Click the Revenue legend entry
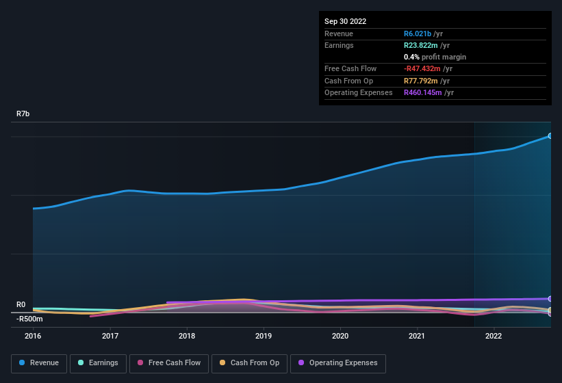pyautogui.click(x=39, y=363)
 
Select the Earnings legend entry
pyautogui.click(x=98, y=363)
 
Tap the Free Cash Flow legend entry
pyautogui.click(x=169, y=363)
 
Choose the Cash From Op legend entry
pyautogui.click(x=248, y=363)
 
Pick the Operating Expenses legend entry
pyautogui.click(x=337, y=363)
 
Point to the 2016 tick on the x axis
pyautogui.click(x=33, y=336)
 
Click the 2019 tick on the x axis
pyautogui.click(x=264, y=336)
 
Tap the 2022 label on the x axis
pyautogui.click(x=494, y=336)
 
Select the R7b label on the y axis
pyautogui.click(x=23, y=114)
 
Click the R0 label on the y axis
pyautogui.click(x=21, y=305)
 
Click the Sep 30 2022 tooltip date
pyautogui.click(x=345, y=21)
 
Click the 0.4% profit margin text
pyautogui.click(x=435, y=57)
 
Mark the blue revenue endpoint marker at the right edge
pyautogui.click(x=550, y=136)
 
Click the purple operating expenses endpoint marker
pyautogui.click(x=550, y=299)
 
